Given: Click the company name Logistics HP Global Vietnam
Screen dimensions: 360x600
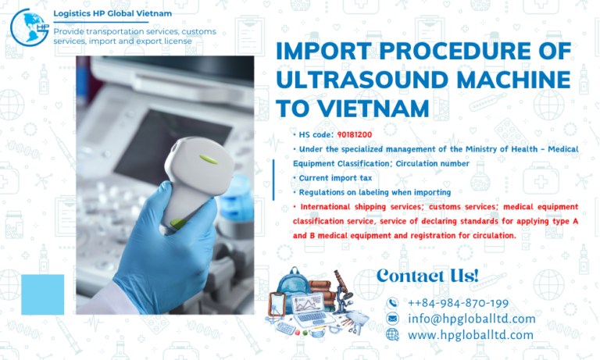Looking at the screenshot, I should click(112, 13).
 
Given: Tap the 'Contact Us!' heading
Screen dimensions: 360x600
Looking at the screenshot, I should click(427, 275).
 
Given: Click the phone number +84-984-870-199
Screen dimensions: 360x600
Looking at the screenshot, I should click(458, 303).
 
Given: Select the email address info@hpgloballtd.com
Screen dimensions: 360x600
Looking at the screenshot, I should click(471, 319).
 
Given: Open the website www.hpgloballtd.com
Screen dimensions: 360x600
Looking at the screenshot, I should click(470, 334).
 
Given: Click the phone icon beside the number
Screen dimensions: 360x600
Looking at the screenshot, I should click(392, 303).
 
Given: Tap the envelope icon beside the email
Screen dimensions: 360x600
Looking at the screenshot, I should click(392, 319).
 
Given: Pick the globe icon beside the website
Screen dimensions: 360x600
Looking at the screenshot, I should click(392, 334).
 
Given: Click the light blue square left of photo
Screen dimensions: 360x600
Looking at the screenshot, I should click(42, 294).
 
